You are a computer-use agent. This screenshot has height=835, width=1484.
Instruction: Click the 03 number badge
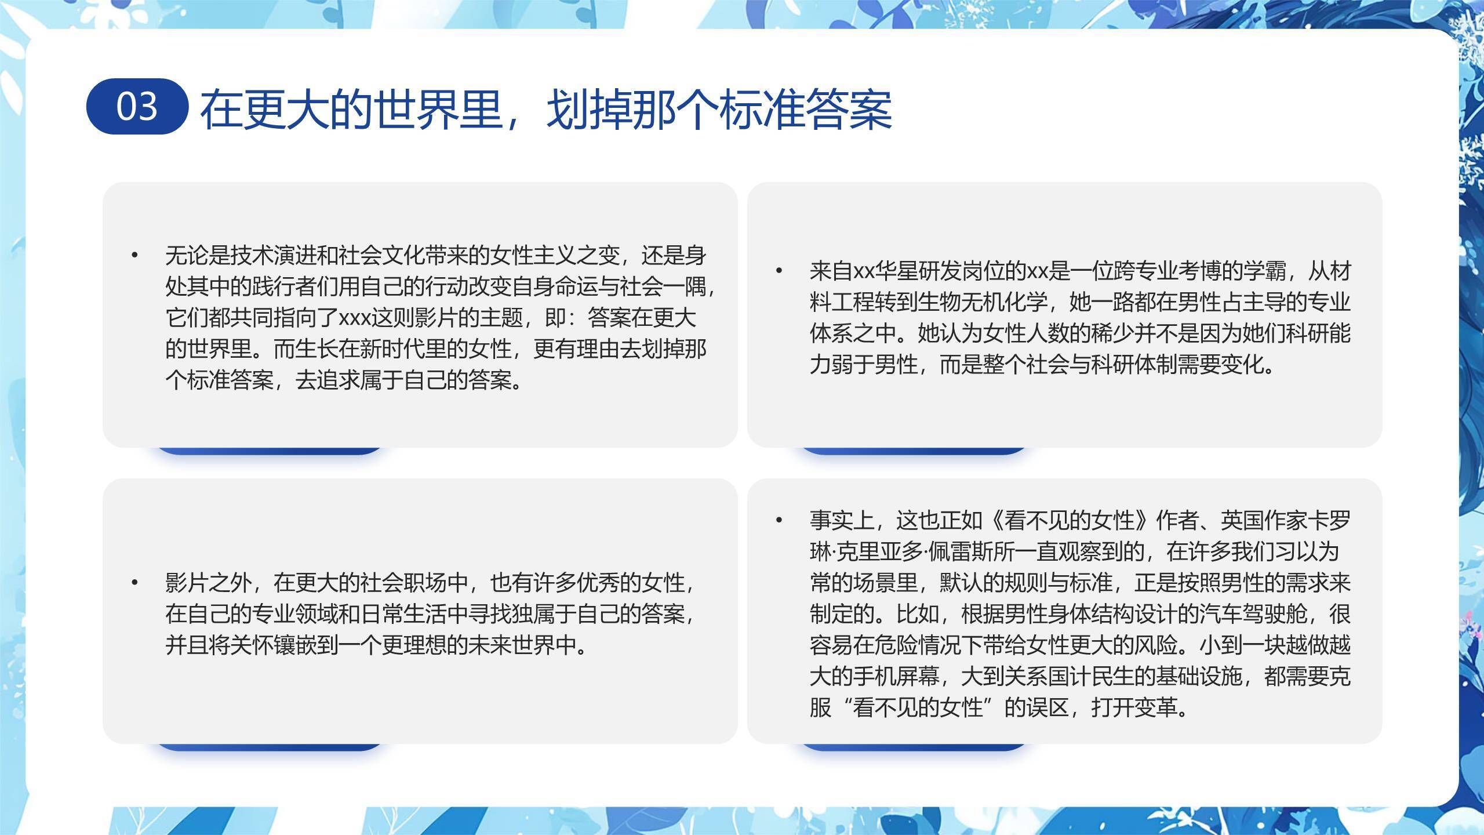(x=137, y=107)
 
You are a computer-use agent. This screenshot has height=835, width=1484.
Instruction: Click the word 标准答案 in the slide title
(x=806, y=109)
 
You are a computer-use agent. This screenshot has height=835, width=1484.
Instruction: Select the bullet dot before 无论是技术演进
(x=135, y=255)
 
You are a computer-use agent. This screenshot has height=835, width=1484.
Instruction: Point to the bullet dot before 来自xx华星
(x=779, y=270)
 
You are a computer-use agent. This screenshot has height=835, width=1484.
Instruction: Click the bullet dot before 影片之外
(x=135, y=582)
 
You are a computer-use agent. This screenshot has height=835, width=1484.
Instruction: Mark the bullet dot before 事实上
(x=779, y=520)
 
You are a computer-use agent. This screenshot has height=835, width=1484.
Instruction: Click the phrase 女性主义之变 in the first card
(x=555, y=255)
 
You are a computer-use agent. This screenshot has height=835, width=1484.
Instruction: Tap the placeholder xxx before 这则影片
(x=354, y=318)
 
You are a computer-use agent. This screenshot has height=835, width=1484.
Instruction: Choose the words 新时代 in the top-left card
(x=392, y=349)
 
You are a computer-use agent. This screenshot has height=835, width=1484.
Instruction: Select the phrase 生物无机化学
(x=983, y=302)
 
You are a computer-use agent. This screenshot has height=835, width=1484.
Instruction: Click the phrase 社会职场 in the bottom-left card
(x=403, y=582)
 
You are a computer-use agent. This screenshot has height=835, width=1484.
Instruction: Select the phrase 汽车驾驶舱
(x=1253, y=614)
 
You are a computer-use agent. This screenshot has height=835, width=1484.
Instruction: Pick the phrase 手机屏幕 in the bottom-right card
(x=896, y=677)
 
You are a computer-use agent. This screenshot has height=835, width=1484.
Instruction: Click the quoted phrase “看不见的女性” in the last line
(x=918, y=708)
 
